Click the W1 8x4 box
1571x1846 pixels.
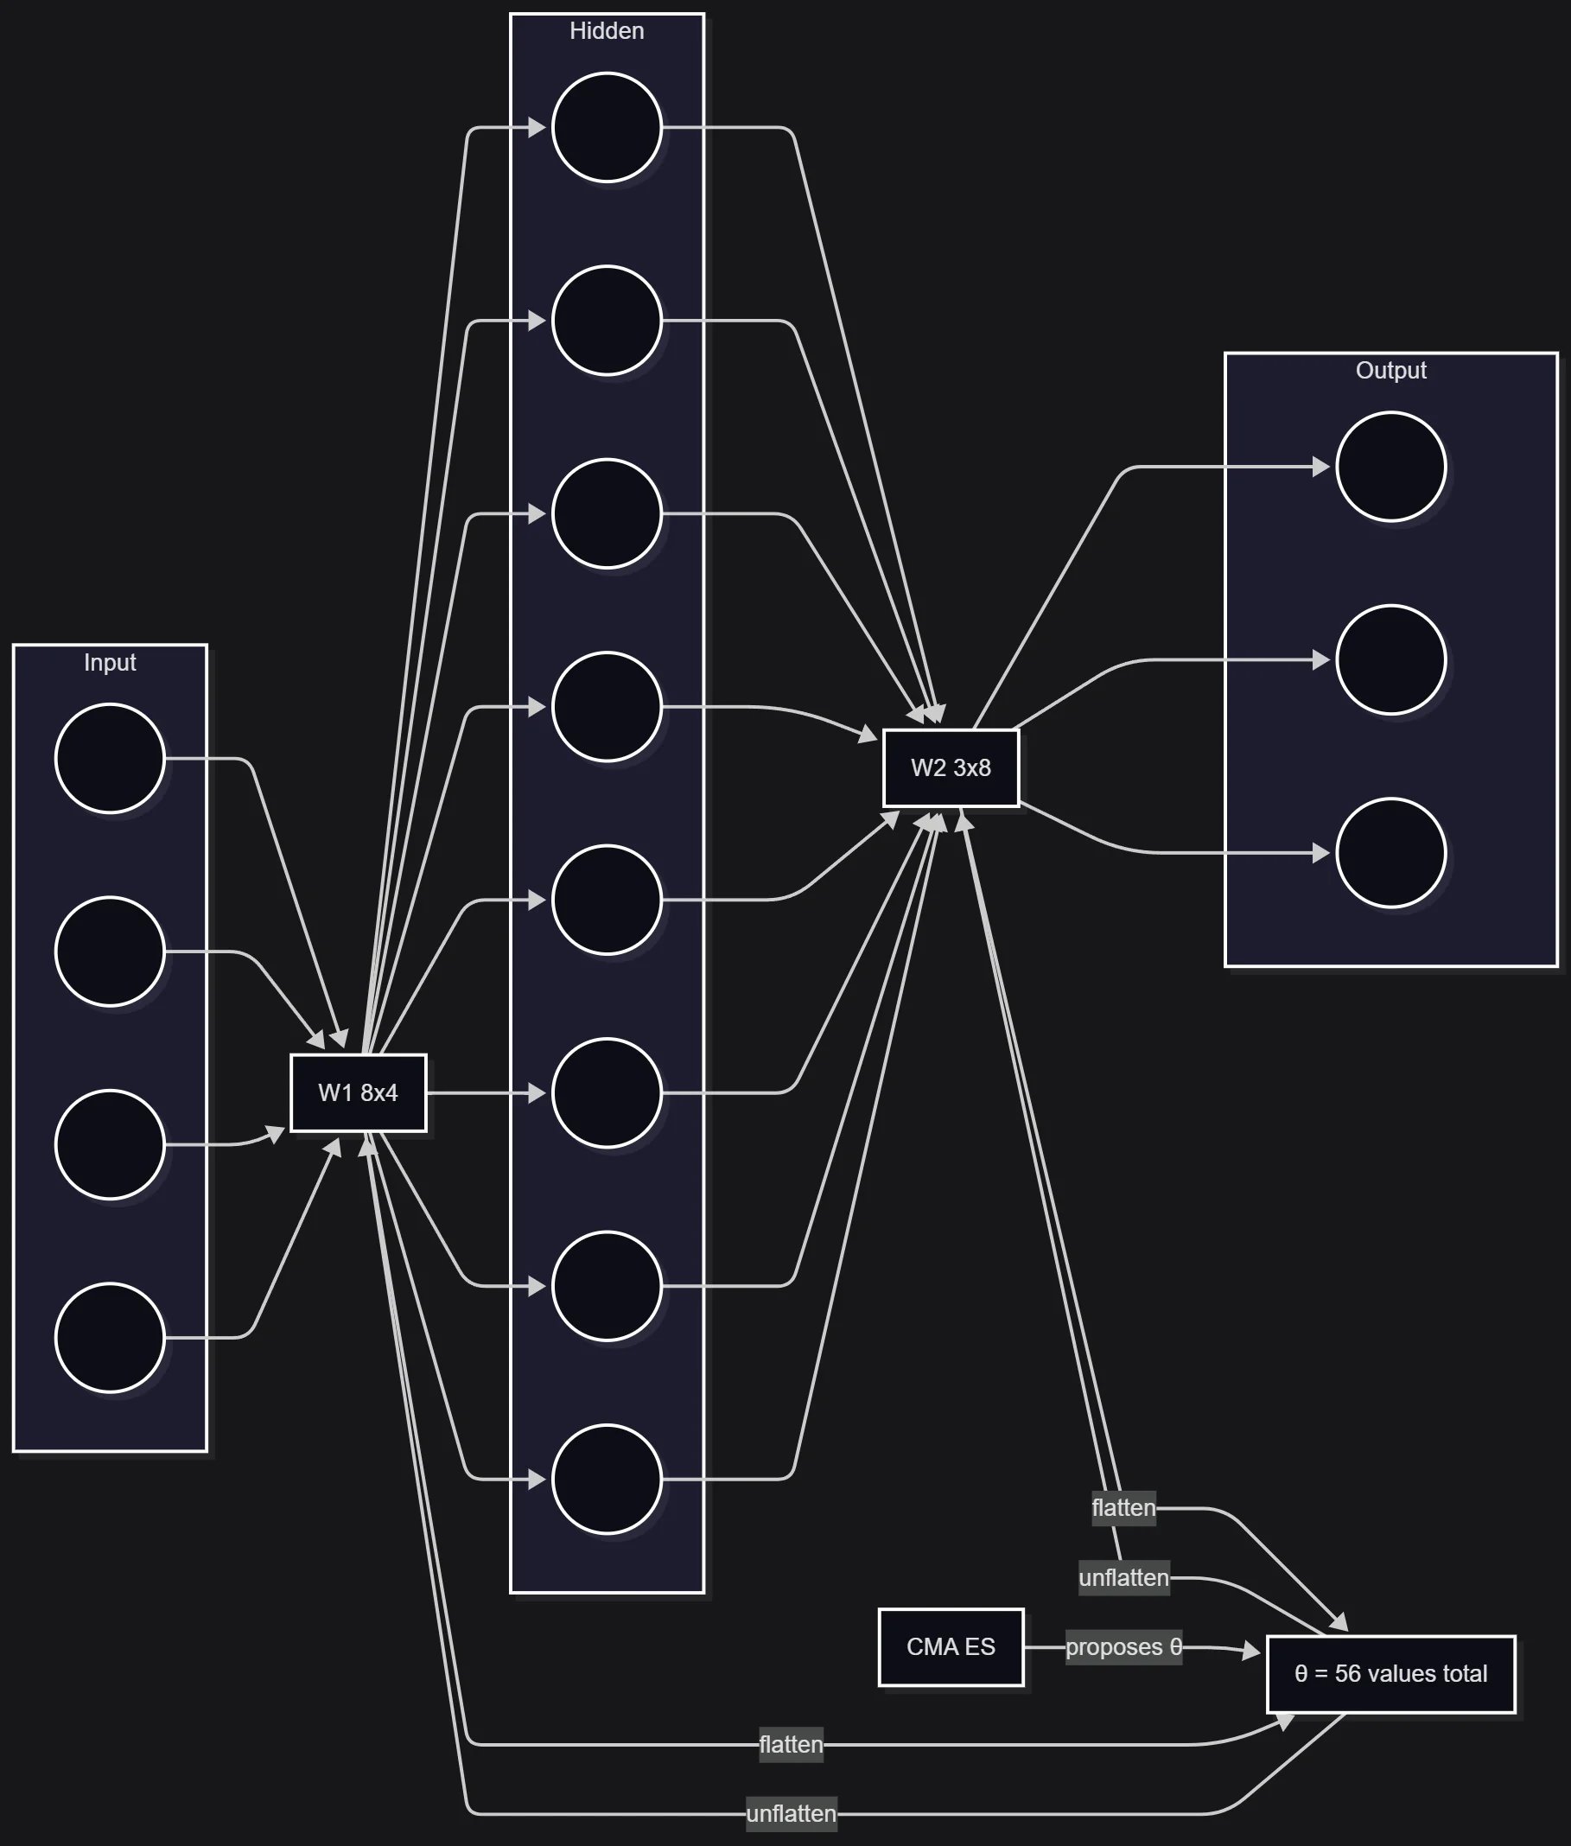pyautogui.click(x=358, y=1092)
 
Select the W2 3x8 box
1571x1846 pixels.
pyautogui.click(x=951, y=767)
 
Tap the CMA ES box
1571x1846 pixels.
pyautogui.click(x=951, y=1646)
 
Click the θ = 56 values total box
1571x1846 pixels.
pyautogui.click(x=1390, y=1673)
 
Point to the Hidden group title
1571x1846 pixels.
pyautogui.click(x=607, y=31)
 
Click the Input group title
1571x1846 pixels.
pyautogui.click(x=110, y=663)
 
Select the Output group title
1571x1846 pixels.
pyautogui.click(x=1390, y=371)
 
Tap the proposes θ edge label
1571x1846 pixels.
pyautogui.click(x=1123, y=1646)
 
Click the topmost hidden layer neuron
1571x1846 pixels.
pyautogui.click(x=607, y=127)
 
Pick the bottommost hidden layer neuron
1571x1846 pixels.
pyautogui.click(x=607, y=1479)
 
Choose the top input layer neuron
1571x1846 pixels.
pyautogui.click(x=110, y=759)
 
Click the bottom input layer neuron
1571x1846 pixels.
pyautogui.click(x=110, y=1338)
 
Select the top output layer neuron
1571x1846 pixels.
pyautogui.click(x=1390, y=467)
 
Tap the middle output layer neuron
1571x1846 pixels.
pyautogui.click(x=1390, y=660)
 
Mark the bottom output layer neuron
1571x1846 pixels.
pyautogui.click(x=1390, y=853)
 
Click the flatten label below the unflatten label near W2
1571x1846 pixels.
pyautogui.click(x=791, y=1744)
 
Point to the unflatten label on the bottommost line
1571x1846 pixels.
pyautogui.click(x=791, y=1813)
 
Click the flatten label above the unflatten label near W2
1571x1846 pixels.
pyautogui.click(x=1123, y=1507)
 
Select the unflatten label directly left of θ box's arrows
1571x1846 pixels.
pyautogui.click(x=1123, y=1578)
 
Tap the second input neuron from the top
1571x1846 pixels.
pyautogui.click(x=110, y=952)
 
